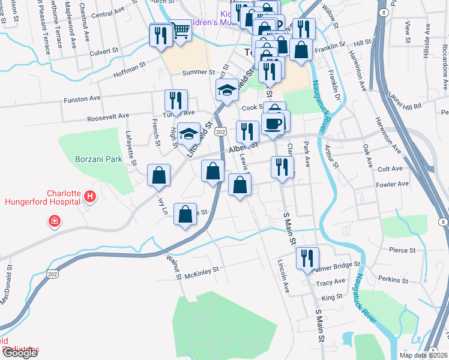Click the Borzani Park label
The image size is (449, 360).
[98, 159]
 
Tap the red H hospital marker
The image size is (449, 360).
[90, 196]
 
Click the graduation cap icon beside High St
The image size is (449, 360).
[189, 133]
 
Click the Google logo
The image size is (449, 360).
[20, 353]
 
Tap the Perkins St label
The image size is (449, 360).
[393, 280]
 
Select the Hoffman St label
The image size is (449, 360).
[129, 76]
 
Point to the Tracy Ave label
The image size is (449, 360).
[331, 282]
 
